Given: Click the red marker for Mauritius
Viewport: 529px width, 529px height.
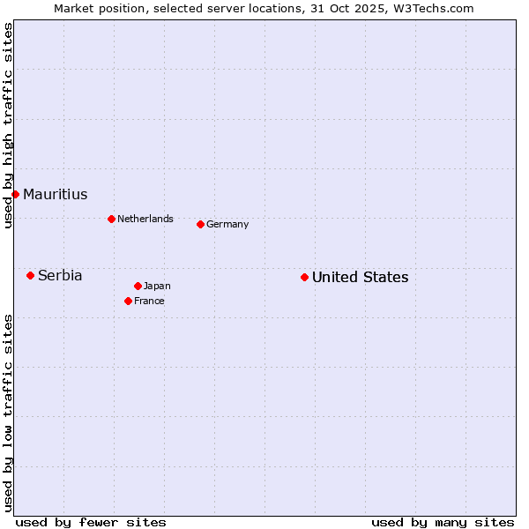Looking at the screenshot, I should coord(15,194).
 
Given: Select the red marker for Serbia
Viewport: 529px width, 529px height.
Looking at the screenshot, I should coord(30,275).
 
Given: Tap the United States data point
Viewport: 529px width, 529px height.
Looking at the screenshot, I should coord(304,277).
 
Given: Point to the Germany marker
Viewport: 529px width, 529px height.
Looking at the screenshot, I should coord(200,224).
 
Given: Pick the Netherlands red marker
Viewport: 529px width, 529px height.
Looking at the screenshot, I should coord(111,219).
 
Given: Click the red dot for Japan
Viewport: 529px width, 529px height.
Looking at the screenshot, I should coord(138,286).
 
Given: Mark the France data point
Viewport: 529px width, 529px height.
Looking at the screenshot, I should coord(128,301).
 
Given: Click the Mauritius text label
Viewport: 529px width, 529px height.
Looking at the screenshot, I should coord(56,195).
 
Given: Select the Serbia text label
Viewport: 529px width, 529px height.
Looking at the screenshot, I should coord(60,276).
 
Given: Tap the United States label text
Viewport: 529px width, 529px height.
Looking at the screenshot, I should coord(360,278).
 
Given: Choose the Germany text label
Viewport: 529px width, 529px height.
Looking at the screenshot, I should coord(227,225).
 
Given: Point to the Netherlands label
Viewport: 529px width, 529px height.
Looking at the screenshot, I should coord(145,220).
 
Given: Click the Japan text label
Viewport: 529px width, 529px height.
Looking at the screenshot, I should coord(157,287).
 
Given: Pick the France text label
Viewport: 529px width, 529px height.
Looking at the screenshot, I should coord(149,302).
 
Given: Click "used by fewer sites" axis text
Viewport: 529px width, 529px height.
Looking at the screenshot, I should coord(91,522).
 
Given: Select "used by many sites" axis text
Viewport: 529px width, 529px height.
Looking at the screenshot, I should coord(443,522).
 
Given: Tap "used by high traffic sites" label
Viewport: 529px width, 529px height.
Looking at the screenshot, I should coord(8,125).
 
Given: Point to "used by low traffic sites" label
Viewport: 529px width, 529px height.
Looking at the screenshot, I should coord(8,413).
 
